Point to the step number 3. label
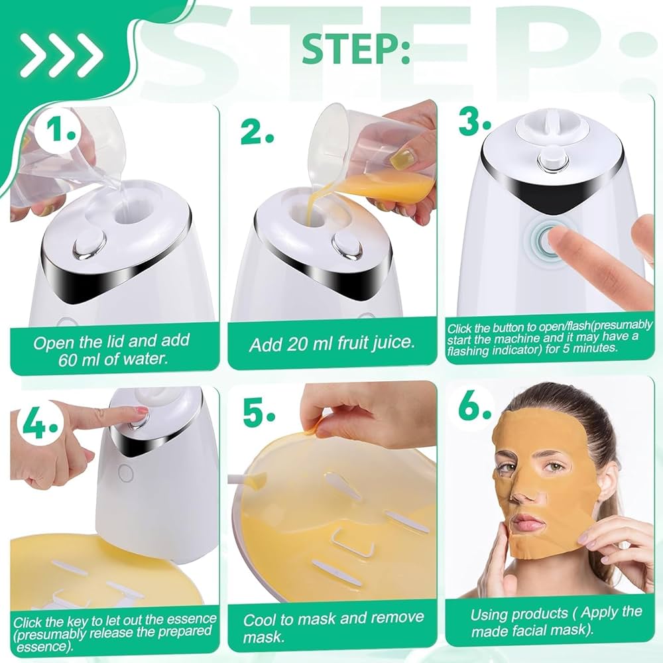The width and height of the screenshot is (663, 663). point(475,122)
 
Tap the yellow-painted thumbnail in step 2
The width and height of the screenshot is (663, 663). point(402,158)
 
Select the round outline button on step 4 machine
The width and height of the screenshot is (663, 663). point(124,473)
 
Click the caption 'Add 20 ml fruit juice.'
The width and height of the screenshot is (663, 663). point(331,345)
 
